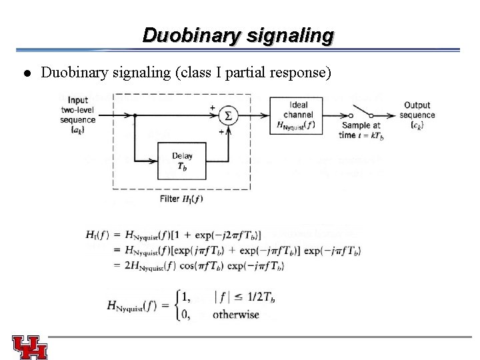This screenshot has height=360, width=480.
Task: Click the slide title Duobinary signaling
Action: pos(237,35)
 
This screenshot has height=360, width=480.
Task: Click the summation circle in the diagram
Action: pos(229,116)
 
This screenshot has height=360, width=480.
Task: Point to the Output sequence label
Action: pos(417,114)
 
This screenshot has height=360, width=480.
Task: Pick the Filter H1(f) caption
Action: pos(181,199)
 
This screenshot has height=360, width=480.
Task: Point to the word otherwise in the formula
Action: pos(236,315)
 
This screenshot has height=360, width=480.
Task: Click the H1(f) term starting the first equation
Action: pos(97,234)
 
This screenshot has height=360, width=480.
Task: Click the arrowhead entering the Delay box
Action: pos(154,161)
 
